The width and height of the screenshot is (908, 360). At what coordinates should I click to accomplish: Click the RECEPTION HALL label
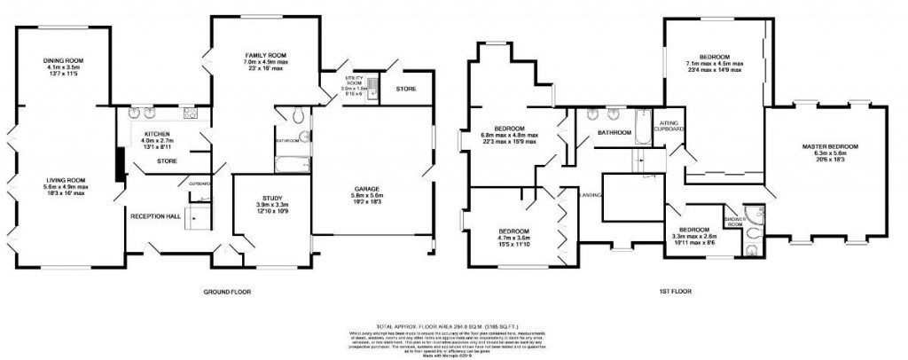click(155, 215)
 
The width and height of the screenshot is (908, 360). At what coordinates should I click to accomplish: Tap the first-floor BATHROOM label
click(613, 133)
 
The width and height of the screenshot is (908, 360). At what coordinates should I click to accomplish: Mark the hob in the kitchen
click(190, 113)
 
